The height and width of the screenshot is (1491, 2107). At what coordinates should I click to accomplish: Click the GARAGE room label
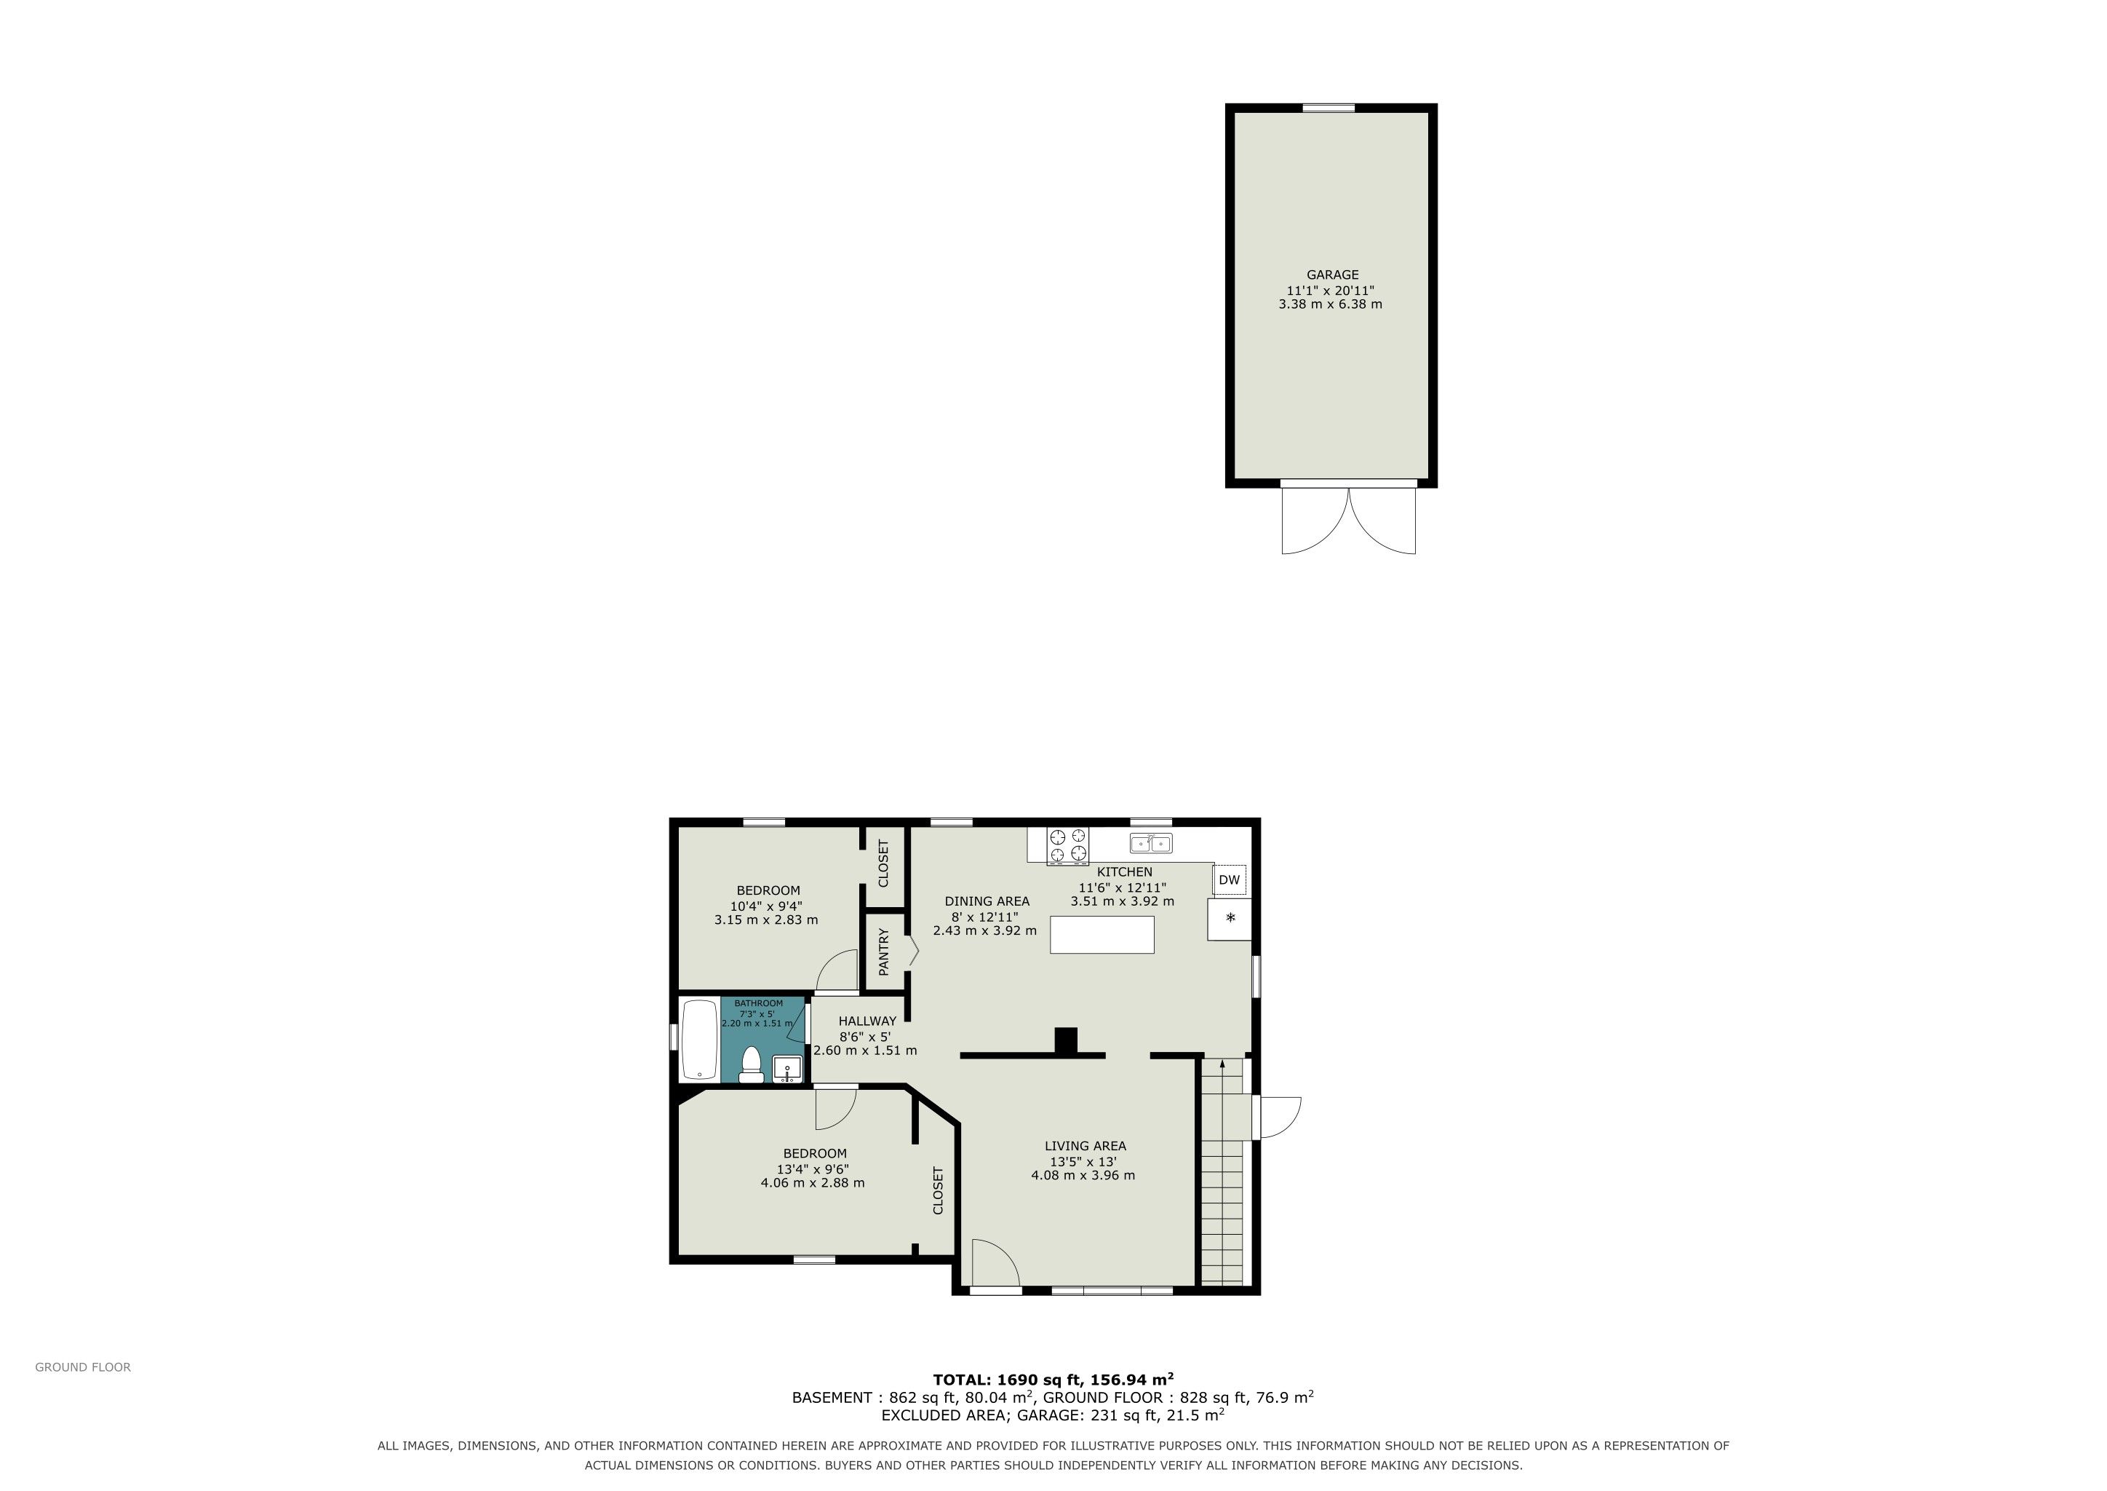1331,274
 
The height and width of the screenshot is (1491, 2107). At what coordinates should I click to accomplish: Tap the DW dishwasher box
1229,879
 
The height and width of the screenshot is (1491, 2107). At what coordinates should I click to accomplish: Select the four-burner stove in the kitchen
1068,845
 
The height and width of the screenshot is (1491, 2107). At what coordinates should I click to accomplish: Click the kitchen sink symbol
1151,842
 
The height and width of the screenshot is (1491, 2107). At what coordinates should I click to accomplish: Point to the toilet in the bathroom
752,1064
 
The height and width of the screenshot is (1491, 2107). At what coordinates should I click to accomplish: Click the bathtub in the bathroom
699,1040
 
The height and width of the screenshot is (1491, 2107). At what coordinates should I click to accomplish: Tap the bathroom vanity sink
787,1069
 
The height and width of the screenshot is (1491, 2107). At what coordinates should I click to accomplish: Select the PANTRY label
884,951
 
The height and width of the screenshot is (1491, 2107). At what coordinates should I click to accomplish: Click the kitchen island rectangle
1102,935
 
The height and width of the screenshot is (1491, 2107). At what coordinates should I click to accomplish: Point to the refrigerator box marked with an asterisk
1229,919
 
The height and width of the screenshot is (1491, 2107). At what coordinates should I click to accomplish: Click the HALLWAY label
867,1021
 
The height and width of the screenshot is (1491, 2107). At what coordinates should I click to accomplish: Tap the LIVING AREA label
1085,1146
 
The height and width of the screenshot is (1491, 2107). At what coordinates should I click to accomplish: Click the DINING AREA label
987,901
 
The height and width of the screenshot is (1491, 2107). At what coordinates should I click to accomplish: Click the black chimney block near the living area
1065,1040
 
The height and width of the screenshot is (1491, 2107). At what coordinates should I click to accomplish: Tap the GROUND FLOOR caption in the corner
83,1367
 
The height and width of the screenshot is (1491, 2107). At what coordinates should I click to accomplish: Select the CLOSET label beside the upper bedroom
884,863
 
